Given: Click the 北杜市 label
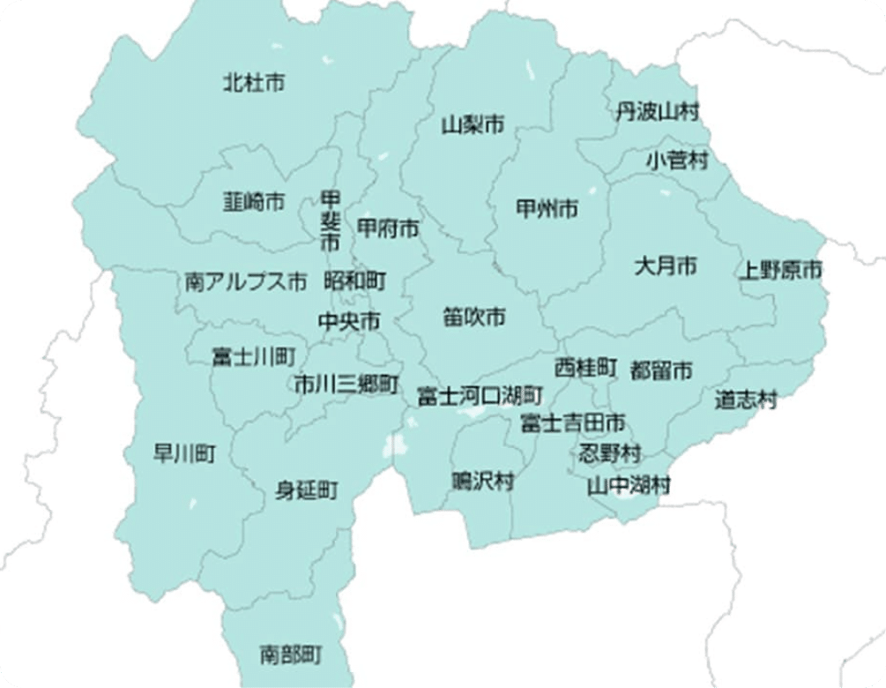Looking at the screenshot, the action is click(254, 83).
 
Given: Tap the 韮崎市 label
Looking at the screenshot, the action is click(254, 202).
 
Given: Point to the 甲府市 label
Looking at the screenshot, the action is click(388, 228).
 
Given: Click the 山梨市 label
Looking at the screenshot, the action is click(473, 124).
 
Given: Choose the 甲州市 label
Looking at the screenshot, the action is click(547, 209).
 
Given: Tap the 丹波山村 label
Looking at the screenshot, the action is click(657, 111).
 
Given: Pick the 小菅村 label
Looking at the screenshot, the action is click(676, 161).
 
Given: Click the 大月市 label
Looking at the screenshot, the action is click(666, 265).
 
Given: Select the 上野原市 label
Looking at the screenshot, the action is click(780, 270).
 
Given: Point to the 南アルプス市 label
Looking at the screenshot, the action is click(246, 282).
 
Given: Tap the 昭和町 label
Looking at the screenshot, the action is click(355, 281).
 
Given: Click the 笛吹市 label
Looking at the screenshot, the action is click(474, 316).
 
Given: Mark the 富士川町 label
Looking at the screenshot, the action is click(254, 356).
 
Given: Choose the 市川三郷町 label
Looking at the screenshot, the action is click(346, 385).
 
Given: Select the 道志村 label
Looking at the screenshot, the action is click(746, 400).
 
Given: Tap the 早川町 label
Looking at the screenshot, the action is click(184, 454).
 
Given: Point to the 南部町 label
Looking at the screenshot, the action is click(291, 654).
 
